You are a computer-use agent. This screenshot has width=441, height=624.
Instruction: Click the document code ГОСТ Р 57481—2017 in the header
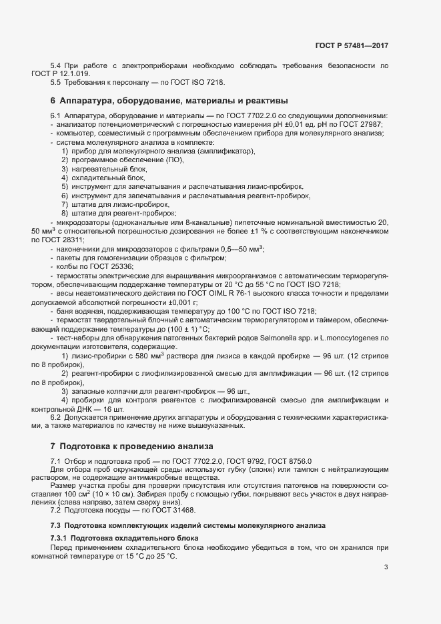[352, 45]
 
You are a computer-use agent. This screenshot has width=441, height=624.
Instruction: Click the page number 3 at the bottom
[386, 567]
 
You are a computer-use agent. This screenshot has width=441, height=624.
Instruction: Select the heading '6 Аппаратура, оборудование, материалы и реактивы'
[169, 101]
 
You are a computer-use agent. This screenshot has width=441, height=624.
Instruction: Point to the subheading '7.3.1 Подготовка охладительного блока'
[125, 538]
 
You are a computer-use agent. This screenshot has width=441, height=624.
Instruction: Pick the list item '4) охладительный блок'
[103, 178]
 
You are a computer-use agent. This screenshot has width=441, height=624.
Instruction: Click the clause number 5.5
[56, 82]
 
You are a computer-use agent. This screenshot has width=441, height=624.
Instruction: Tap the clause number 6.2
[56, 416]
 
